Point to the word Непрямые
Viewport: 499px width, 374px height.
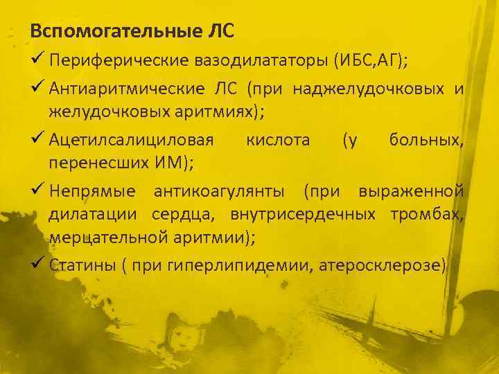pyautogui.click(x=94, y=191)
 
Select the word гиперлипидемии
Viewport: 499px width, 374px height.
pyautogui.click(x=222, y=266)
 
